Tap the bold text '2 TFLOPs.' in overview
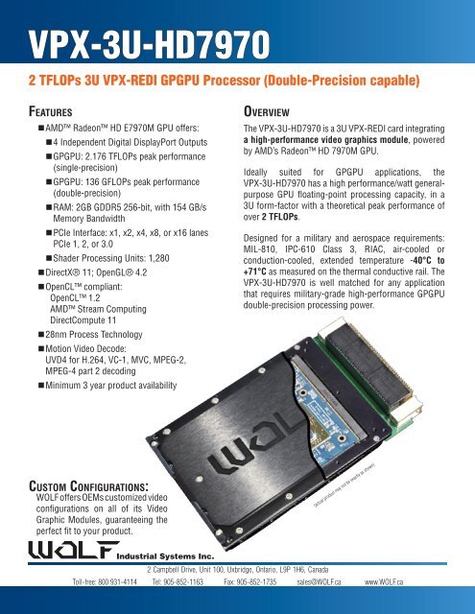coord(287,230)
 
